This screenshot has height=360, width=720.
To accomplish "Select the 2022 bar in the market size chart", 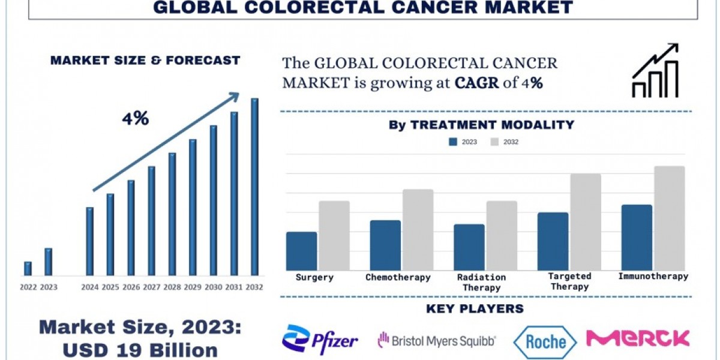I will [x=28, y=269].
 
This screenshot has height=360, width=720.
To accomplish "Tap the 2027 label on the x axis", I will [x=152, y=287].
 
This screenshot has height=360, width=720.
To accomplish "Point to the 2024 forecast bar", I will [x=89, y=242].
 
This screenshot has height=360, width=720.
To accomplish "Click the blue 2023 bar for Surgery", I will [x=301, y=251].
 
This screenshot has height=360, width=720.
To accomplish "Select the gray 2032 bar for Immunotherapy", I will [x=669, y=218].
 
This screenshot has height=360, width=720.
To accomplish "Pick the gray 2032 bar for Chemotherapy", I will [x=418, y=230].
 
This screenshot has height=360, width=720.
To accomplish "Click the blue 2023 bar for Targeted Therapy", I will [x=553, y=241].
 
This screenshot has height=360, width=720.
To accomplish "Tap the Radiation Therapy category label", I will [x=481, y=283].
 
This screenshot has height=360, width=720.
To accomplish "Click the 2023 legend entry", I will [x=463, y=142].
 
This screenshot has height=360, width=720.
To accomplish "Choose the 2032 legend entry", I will [x=505, y=142].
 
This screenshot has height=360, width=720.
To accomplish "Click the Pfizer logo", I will [x=320, y=340].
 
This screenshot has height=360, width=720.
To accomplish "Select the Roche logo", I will [x=545, y=341].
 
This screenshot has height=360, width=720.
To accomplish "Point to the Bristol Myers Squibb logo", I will [x=436, y=341].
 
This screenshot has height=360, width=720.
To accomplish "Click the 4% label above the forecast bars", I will [x=135, y=119].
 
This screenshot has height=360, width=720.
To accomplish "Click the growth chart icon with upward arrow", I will [x=655, y=71].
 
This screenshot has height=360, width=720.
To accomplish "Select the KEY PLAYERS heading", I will [x=474, y=309].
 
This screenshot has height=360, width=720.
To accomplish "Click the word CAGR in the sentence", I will [x=476, y=83].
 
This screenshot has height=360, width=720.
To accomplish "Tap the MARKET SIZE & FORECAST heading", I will [x=145, y=60].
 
